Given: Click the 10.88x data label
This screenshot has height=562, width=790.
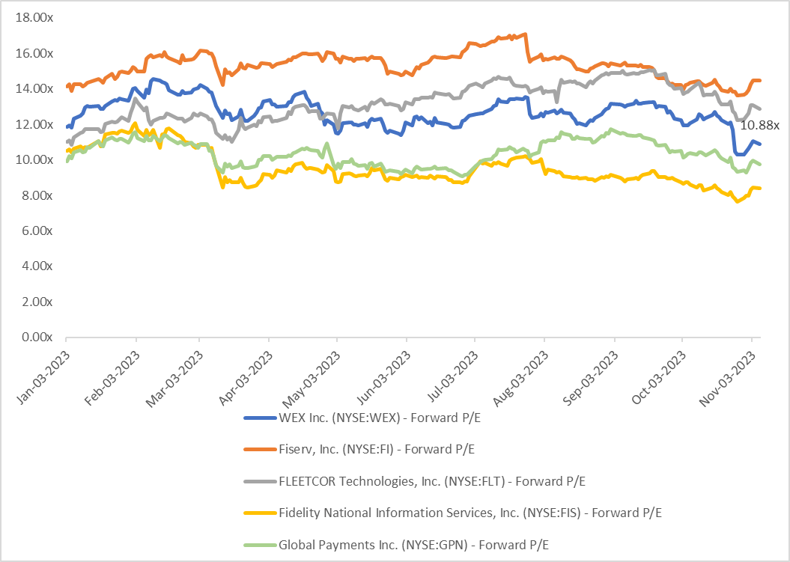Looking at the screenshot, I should click(760, 126).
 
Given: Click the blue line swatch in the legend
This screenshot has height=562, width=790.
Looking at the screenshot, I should click(259, 418).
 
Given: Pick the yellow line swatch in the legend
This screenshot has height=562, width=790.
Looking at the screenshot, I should click(259, 513).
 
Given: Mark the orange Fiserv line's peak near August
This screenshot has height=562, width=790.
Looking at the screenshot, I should click(525, 34).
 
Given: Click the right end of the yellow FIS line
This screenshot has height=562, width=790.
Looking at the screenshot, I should click(761, 189).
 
